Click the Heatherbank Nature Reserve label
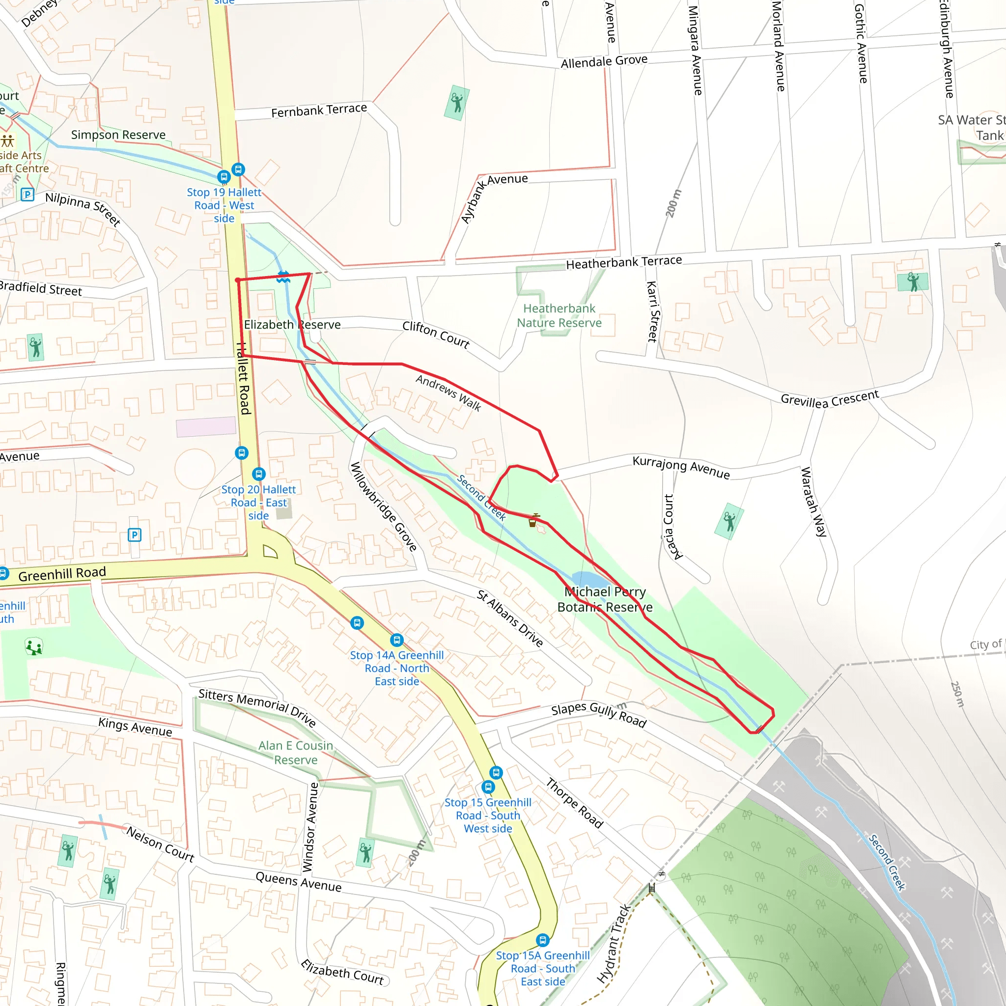tap(559, 315)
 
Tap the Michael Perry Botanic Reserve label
tap(605, 599)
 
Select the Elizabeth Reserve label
tap(292, 324)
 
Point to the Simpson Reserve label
tap(118, 135)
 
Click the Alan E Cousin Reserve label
tap(296, 753)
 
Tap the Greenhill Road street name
tap(62, 573)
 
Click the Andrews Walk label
tap(448, 392)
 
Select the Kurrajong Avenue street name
tap(681, 467)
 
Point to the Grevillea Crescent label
tap(830, 399)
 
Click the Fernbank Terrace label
tap(319, 110)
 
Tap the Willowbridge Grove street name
tap(383, 506)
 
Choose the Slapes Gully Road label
tap(599, 714)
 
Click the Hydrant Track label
tap(614, 944)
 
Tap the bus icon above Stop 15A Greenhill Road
tap(543, 940)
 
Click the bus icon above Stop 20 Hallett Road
tap(259, 474)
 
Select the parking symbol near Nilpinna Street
tap(27, 195)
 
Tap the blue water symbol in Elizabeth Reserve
tap(283, 277)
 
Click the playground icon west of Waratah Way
tap(729, 521)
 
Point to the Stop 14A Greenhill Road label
tap(397, 668)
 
